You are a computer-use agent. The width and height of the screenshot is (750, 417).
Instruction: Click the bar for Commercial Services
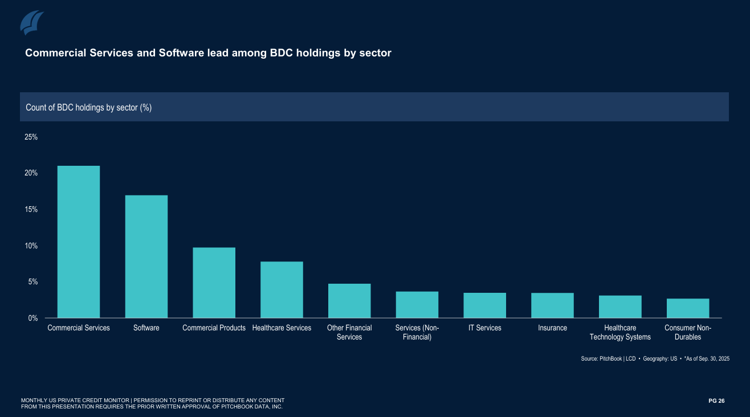pyautogui.click(x=79, y=242)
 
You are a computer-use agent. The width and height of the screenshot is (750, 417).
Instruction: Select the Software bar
pyautogui.click(x=146, y=256)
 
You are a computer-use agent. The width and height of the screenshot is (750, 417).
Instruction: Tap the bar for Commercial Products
pyautogui.click(x=214, y=283)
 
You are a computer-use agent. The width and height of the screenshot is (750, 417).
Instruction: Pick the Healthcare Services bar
pyautogui.click(x=282, y=289)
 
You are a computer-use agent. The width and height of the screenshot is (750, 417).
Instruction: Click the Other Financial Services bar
pyautogui.click(x=349, y=301)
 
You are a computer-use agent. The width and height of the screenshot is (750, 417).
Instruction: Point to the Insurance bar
pyautogui.click(x=552, y=305)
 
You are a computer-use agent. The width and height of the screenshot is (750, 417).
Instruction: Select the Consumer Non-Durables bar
pyautogui.click(x=688, y=308)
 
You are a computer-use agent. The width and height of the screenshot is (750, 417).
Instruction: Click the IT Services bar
pyautogui.click(x=484, y=305)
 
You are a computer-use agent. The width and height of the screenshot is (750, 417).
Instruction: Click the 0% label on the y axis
pyautogui.click(x=32, y=318)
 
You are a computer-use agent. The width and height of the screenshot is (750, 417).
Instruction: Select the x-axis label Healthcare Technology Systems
pyautogui.click(x=620, y=332)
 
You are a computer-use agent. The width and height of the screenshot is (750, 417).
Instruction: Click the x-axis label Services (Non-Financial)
pyautogui.click(x=417, y=332)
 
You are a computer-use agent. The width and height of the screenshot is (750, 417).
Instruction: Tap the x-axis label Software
pyautogui.click(x=146, y=328)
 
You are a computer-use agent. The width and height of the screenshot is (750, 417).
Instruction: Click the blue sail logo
pyautogui.click(x=32, y=22)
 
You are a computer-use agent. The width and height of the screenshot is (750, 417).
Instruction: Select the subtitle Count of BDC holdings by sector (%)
pyautogui.click(x=89, y=107)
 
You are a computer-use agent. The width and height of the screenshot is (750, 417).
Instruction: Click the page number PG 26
pyautogui.click(x=716, y=401)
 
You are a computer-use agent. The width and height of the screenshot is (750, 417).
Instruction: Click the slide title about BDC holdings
pyautogui.click(x=208, y=53)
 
